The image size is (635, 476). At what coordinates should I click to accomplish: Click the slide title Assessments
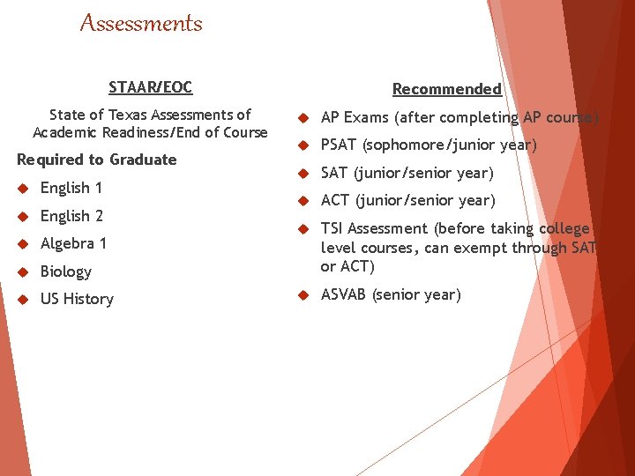coord(141,24)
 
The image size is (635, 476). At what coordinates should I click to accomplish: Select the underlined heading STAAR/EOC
coord(150,87)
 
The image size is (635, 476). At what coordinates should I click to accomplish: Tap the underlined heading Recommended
coord(446,89)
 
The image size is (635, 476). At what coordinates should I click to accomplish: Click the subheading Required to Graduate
coord(97,160)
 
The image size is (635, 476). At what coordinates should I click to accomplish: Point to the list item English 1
coord(71,188)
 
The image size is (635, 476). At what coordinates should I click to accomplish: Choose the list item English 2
coord(71,216)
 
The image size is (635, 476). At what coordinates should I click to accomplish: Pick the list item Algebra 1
coord(73,243)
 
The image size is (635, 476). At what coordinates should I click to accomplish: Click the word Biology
coord(66,271)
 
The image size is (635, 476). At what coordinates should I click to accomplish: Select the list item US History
coord(77,299)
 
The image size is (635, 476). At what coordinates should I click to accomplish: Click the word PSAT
coord(339,145)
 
